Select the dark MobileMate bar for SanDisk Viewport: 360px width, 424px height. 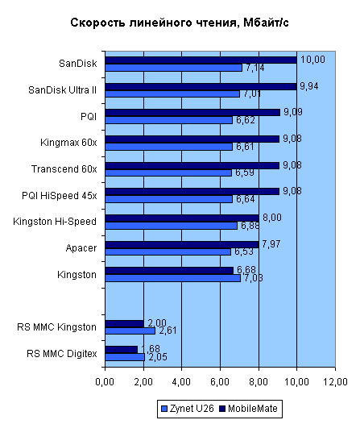tap(201, 60)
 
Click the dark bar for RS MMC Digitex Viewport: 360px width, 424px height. tap(121, 349)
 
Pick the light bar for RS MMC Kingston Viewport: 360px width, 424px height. tap(130, 330)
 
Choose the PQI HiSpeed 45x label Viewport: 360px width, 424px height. tap(60, 195)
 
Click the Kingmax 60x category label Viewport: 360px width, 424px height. tap(68, 143)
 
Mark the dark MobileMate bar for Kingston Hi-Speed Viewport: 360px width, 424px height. tap(181, 218)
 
